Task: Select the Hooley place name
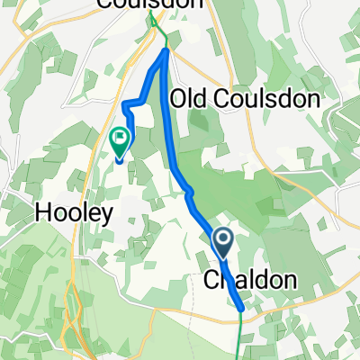[x=74, y=213]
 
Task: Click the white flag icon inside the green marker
[x=119, y=139]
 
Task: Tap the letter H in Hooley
[x=42, y=213]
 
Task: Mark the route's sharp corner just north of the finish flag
[x=126, y=107]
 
